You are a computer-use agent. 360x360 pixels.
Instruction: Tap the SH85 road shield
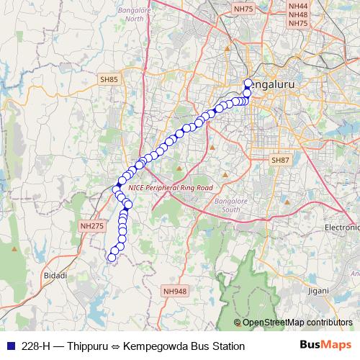coord(109,80)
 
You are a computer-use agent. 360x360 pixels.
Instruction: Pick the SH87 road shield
coord(279,159)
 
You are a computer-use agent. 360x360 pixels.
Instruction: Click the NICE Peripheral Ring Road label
coord(171,187)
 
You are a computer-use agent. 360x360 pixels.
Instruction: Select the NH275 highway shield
coord(92,225)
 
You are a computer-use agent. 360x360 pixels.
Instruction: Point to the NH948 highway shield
coord(174,291)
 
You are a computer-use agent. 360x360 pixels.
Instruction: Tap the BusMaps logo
coord(326,346)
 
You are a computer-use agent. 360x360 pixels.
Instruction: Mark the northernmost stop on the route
coord(248,83)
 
